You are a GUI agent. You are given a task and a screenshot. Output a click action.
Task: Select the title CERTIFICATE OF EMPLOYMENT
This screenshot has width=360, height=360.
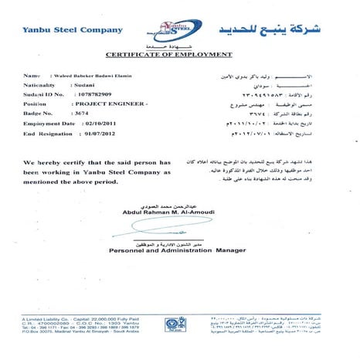(178, 54)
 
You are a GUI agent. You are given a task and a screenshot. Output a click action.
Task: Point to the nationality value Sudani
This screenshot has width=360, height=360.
(83, 89)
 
